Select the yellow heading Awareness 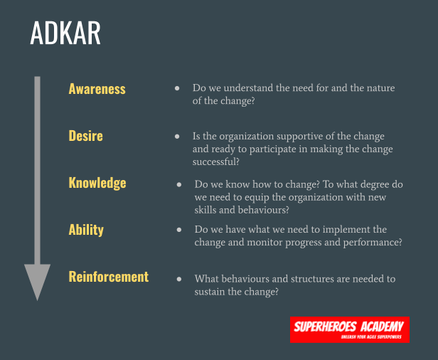pos(97,89)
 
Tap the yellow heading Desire pos(85,135)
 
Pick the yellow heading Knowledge pos(97,183)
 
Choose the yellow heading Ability pos(86,229)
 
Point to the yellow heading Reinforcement pos(108,277)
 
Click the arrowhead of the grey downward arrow pos(37,281)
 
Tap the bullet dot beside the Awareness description pos(177,88)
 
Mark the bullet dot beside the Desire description pos(177,135)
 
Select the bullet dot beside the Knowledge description pos(178,184)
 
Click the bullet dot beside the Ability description pos(178,229)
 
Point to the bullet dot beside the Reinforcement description pos(178,278)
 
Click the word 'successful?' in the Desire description pos(216,162)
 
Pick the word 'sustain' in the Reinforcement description pos(210,291)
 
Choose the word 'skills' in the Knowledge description pos(206,210)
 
